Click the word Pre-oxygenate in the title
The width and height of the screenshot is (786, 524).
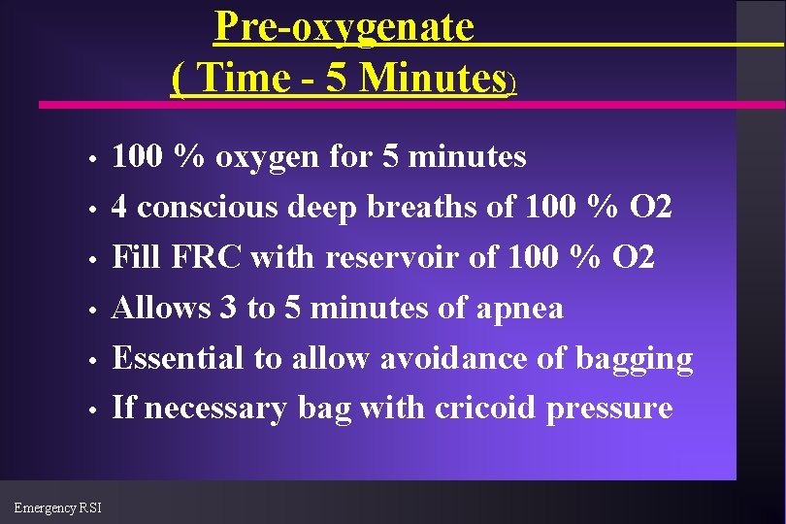344,26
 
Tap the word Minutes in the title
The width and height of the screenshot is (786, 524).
432,79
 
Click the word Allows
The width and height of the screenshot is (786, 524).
162,309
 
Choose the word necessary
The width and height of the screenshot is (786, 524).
214,409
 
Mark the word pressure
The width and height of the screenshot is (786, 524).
608,409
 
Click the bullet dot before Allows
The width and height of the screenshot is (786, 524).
89,311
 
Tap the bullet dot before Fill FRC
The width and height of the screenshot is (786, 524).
89,260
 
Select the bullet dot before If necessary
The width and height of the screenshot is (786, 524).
89,410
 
